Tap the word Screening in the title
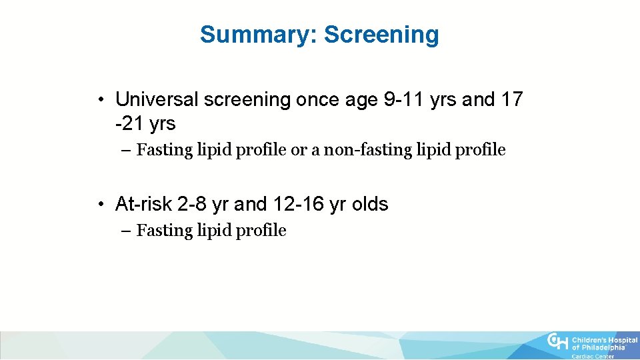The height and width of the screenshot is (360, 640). (x=381, y=34)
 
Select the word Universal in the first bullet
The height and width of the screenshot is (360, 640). (x=157, y=100)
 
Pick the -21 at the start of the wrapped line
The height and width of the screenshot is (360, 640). (x=129, y=124)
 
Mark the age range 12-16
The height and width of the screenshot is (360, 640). (x=299, y=204)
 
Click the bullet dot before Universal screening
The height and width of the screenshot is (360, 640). (x=98, y=101)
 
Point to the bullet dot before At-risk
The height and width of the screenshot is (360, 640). (x=98, y=205)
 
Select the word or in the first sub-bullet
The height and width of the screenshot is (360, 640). (x=297, y=150)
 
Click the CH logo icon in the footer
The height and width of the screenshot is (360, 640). (x=557, y=342)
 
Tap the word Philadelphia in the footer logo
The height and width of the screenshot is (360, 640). (x=603, y=347)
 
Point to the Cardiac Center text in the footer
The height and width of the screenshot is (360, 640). (x=593, y=357)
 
